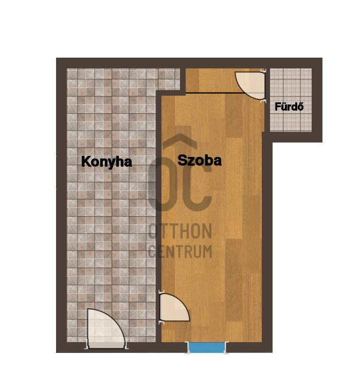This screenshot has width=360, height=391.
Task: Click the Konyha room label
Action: (x=106, y=162)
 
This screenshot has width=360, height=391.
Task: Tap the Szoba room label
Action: (x=200, y=161)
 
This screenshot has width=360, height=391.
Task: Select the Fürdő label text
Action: (x=289, y=106)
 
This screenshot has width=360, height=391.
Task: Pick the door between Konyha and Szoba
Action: (x=174, y=307)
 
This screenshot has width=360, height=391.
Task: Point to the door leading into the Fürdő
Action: (x=250, y=85)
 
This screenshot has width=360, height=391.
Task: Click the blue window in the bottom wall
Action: (x=206, y=347)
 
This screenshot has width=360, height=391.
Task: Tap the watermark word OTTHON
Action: (x=180, y=231)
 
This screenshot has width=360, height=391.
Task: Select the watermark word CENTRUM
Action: (x=180, y=252)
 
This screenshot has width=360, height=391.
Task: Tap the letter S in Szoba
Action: (x=183, y=161)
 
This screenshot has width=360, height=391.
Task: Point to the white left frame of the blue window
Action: (x=187, y=348)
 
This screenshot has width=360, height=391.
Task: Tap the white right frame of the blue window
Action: (x=226, y=348)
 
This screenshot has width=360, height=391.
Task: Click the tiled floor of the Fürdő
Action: (x=291, y=120)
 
